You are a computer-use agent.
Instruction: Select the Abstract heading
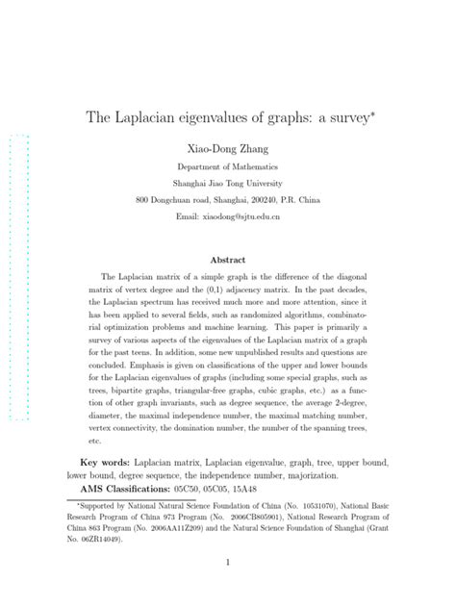point(227,260)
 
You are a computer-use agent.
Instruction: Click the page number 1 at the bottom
point(228,563)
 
